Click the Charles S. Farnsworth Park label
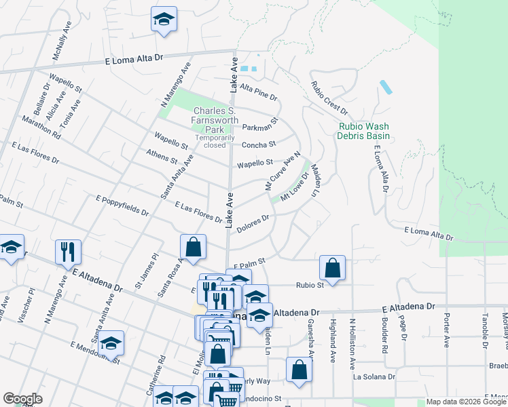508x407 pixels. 215,120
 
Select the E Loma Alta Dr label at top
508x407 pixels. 136,60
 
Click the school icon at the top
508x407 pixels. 164,20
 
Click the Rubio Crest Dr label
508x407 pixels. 329,98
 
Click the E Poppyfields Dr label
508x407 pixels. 122,206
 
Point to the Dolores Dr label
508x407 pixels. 253,222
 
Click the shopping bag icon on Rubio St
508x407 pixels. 332,268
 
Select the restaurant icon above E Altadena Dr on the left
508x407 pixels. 68,252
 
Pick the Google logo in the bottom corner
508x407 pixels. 22,399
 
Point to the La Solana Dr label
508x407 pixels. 374,376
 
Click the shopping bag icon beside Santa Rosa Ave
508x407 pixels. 193,248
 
